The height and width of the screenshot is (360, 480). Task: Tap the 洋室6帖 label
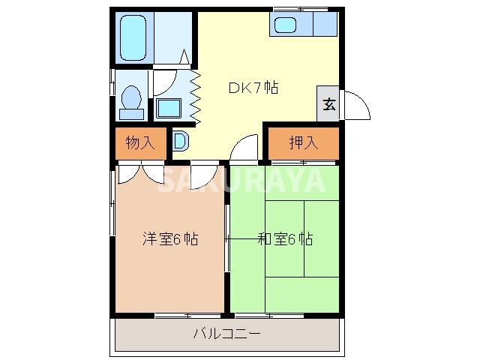[x=171, y=240]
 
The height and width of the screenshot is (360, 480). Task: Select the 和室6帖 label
[x=285, y=240]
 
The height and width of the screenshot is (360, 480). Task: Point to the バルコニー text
[x=226, y=334]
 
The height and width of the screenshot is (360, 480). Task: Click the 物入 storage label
[x=140, y=143]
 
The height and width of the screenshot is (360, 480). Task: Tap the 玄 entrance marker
[x=328, y=103]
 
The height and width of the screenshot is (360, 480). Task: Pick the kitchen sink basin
[x=286, y=25]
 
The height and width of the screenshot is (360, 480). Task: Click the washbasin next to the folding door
[x=169, y=108]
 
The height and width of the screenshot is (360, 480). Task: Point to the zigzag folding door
[x=196, y=97]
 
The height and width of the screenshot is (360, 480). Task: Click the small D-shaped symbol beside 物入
[x=181, y=140]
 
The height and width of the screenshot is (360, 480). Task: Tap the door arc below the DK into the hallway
[x=244, y=148]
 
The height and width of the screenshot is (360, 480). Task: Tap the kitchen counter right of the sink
[x=325, y=25]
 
